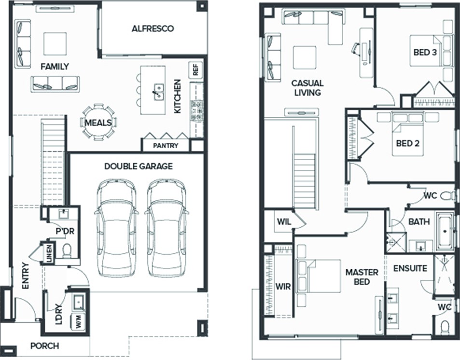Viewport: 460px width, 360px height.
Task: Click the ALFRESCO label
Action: [153, 29]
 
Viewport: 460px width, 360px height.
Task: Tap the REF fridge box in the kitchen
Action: [195, 70]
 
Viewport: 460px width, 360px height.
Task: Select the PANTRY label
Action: [166, 146]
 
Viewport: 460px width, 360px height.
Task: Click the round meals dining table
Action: [98, 122]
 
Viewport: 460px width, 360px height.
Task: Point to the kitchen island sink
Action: [158, 92]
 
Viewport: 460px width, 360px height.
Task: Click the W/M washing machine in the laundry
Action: [79, 321]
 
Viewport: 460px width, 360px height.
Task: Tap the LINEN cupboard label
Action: [49, 253]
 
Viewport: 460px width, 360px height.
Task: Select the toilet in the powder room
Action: [67, 250]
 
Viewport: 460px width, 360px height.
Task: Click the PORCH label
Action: [44, 346]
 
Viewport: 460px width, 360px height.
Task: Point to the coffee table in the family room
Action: [55, 44]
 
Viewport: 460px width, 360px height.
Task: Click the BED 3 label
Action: [425, 52]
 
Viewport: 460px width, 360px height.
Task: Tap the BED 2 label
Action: [407, 143]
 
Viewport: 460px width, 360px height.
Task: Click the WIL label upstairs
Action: [284, 222]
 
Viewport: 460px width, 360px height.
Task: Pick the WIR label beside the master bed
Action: [283, 286]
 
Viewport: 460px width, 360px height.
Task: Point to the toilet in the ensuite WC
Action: [445, 328]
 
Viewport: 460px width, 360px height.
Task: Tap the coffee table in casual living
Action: [305, 57]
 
